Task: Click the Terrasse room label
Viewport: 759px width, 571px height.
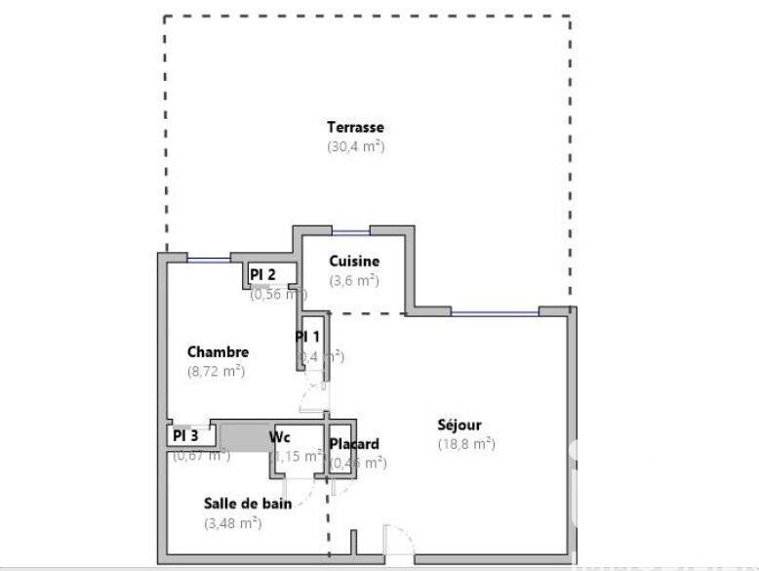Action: click(355, 127)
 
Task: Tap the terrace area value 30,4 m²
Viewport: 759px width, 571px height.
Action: click(355, 146)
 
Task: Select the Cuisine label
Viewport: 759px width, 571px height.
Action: click(354, 261)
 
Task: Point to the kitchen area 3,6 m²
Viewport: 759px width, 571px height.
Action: click(354, 280)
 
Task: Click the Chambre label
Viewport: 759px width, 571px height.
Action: click(218, 352)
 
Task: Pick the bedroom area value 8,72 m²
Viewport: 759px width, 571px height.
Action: click(216, 371)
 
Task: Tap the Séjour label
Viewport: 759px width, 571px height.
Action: click(459, 425)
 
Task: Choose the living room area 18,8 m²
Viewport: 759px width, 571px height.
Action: click(466, 443)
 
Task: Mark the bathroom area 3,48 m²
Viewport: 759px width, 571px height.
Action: click(232, 522)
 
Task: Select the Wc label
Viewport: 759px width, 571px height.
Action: click(280, 436)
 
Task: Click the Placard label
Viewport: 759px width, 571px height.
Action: click(354, 444)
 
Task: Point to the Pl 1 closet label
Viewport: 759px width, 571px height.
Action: click(308, 337)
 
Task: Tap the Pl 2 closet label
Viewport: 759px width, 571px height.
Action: click(262, 274)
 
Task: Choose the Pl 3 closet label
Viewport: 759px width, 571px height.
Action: click(185, 436)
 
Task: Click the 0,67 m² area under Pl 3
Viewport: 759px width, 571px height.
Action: click(201, 455)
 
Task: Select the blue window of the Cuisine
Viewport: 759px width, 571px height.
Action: click(350, 232)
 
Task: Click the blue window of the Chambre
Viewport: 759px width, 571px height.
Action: click(208, 259)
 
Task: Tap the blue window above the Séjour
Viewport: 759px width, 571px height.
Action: click(495, 313)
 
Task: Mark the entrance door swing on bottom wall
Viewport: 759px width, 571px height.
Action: click(400, 542)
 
